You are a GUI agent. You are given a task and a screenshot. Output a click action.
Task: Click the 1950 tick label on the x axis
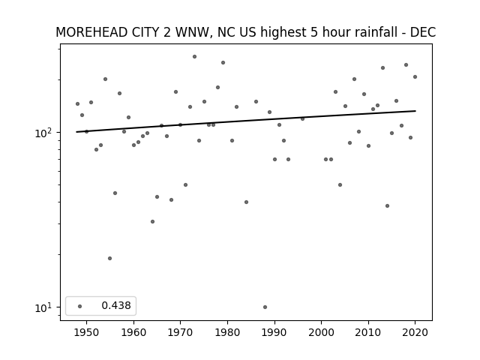tap(87, 332)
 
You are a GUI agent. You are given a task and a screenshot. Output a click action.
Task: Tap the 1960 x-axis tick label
tap(133, 332)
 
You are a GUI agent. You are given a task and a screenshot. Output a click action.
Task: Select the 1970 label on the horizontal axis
tap(181, 332)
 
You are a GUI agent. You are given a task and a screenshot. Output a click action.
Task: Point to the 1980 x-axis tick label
tap(227, 332)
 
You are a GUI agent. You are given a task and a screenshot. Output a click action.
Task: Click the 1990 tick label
tap(274, 332)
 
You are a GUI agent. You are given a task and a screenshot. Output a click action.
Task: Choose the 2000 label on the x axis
tap(322, 332)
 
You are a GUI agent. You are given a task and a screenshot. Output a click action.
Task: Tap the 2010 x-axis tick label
tap(368, 332)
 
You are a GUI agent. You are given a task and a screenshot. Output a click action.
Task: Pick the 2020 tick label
tap(415, 332)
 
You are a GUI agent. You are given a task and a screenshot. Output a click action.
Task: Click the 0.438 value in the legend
tap(116, 305)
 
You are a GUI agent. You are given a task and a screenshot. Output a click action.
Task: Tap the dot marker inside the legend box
tap(80, 306)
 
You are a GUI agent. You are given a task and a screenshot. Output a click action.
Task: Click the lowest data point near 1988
tap(265, 307)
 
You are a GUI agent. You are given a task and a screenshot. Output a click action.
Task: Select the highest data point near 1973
tap(194, 57)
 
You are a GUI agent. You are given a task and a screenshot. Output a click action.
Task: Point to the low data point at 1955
tap(110, 258)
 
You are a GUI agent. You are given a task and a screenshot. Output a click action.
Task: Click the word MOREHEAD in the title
tap(91, 32)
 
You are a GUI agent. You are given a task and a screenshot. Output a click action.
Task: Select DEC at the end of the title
tap(423, 32)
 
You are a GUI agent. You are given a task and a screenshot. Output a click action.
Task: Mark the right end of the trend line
tap(415, 111)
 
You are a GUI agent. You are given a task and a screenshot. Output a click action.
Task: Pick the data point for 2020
tap(415, 76)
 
